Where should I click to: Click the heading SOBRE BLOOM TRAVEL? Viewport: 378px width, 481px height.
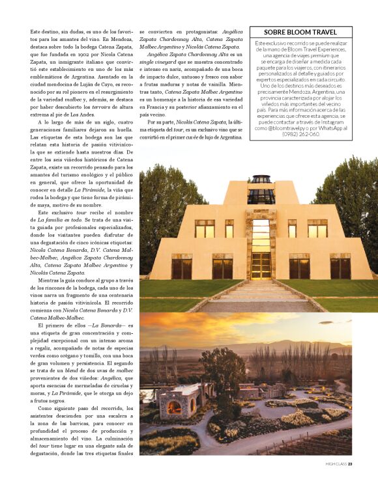[300, 32]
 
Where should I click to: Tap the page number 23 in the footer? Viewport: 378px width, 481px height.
[350, 464]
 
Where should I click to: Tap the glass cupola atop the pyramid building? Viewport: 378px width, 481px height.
[261, 187]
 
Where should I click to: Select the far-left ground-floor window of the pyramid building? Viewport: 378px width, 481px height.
[181, 266]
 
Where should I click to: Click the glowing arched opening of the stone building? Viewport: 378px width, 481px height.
[175, 408]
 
